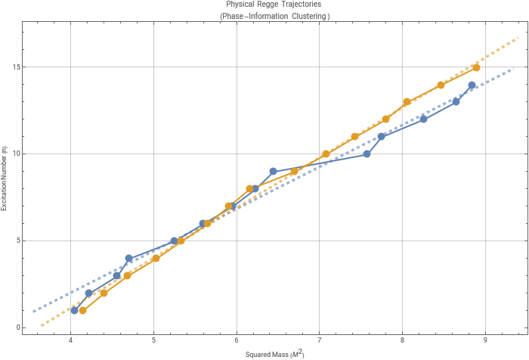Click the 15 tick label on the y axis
pos(15,67)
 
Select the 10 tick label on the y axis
pos(15,154)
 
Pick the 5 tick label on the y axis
pos(17,241)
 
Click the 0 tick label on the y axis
pos(17,327)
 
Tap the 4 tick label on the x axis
pos(70,339)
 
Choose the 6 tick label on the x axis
pos(237,339)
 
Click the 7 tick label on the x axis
pos(319,339)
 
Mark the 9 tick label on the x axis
pos(485,339)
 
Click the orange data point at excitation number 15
pos(476,67)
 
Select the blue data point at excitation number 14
pos(472,85)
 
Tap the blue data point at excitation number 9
pos(273,172)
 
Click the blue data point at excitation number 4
pos(128,259)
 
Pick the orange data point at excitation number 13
pos(407,102)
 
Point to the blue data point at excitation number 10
pos(367,154)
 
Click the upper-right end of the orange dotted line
pos(518,36)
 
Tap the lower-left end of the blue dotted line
pos(32,312)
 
